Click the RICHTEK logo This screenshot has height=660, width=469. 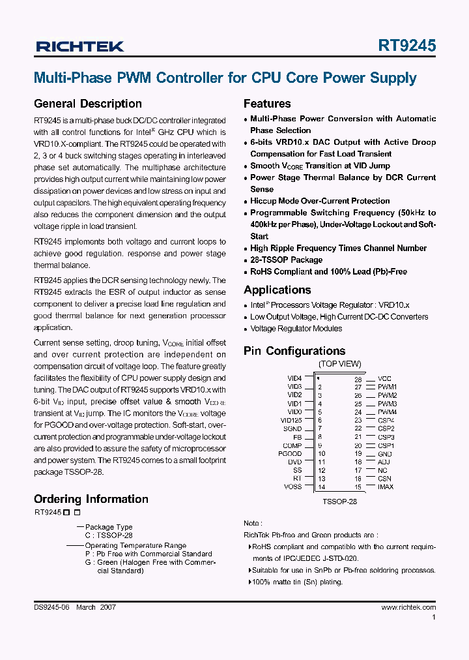79,46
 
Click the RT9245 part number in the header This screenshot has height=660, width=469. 406,46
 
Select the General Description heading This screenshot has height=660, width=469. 87,104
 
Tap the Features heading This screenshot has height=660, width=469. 267,104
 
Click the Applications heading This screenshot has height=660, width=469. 277,290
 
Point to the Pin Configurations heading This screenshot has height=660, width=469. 294,351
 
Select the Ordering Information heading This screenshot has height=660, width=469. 91,499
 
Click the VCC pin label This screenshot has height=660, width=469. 384,379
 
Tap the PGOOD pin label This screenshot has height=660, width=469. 290,454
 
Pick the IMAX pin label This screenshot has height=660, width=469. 386,487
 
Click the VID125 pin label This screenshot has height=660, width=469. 291,421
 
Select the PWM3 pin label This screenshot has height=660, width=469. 387,404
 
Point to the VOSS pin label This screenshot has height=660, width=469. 293,487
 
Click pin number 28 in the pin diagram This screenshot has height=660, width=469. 358,379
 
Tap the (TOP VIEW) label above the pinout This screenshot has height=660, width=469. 339,364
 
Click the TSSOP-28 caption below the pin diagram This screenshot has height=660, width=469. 339,502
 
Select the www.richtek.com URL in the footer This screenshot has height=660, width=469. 408,607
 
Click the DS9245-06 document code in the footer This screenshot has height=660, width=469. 51,607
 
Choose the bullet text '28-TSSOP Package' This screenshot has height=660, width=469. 286,260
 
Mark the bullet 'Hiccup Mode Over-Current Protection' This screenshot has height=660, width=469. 320,201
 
